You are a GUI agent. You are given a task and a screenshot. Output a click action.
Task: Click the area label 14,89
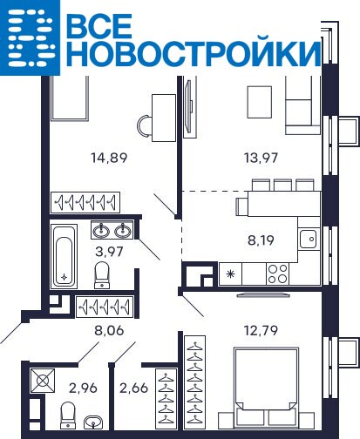[109, 158]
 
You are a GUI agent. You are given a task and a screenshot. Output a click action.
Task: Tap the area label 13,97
[261, 158]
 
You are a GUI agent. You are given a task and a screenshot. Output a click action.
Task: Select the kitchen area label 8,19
[261, 240]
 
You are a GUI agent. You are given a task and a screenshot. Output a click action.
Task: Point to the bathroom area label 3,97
[109, 252]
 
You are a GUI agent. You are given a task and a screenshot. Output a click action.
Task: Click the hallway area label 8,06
[109, 330]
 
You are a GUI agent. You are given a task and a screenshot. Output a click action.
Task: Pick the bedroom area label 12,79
[261, 330]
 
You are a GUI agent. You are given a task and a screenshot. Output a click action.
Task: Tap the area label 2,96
[83, 388]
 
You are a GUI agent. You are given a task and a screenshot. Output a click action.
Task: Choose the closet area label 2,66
[134, 388]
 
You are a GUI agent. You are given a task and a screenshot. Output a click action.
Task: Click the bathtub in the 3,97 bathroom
[65, 257]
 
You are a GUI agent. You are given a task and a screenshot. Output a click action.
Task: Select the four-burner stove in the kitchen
[278, 274]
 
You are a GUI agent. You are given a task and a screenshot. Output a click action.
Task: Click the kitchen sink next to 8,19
[309, 239]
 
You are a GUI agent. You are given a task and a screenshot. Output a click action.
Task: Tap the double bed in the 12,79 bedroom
[267, 385]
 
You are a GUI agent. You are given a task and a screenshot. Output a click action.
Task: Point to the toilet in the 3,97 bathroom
[102, 275]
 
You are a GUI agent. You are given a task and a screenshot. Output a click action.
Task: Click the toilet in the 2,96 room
[68, 415]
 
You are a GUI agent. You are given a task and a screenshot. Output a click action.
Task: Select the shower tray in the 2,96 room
[43, 381]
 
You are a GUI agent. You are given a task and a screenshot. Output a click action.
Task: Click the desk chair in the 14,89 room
[145, 125]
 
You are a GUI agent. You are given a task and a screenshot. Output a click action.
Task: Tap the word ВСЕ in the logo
[99, 25]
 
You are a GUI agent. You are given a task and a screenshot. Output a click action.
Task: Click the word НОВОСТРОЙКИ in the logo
[194, 54]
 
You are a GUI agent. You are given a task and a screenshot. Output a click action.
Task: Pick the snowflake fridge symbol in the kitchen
[230, 274]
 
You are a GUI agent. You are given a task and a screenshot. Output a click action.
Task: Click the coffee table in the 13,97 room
[260, 102]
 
